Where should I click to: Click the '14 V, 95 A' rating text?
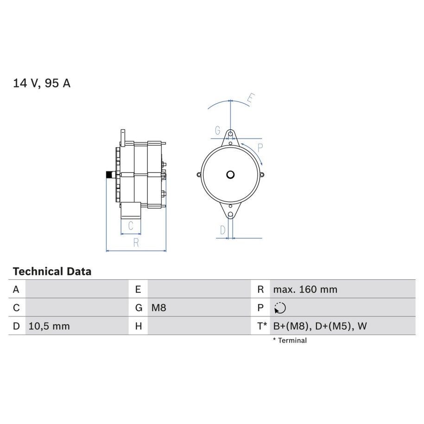coord(42,83)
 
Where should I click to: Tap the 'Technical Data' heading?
coord(52,271)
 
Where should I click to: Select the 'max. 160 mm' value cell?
coord(305,289)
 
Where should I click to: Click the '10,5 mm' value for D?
coord(49,326)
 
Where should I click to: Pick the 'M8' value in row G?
coord(158,308)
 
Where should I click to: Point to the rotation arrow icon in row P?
coord(280,308)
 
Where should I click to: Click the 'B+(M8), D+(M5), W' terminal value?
coord(320,326)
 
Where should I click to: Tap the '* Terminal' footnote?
coord(290,341)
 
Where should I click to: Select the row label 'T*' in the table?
coord(262,326)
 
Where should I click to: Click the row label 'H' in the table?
coord(139,326)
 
